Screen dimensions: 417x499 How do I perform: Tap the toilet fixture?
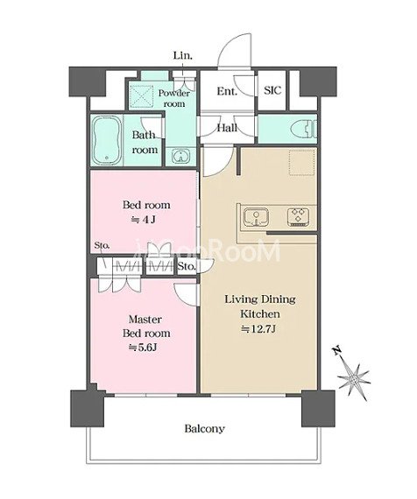click(304, 129)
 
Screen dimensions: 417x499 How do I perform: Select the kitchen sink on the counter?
click(256, 217)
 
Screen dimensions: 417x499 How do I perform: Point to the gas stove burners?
click(298, 217)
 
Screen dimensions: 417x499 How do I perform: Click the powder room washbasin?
click(181, 156)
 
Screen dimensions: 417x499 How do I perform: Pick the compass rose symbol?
click(353, 378)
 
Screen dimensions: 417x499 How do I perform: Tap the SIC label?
click(272, 90)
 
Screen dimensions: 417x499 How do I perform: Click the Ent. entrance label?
click(227, 91)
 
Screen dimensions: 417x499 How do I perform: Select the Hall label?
click(227, 128)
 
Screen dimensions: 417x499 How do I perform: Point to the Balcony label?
click(204, 428)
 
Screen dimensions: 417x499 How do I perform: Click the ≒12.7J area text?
click(258, 329)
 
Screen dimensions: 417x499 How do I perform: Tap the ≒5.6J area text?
click(143, 348)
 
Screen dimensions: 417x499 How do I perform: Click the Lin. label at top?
click(183, 56)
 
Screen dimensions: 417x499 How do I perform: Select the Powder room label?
click(174, 98)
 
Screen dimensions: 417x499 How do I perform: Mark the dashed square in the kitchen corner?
click(302, 162)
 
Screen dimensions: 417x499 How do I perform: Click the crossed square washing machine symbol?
click(141, 95)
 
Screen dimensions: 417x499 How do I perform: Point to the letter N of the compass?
click(337, 350)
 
